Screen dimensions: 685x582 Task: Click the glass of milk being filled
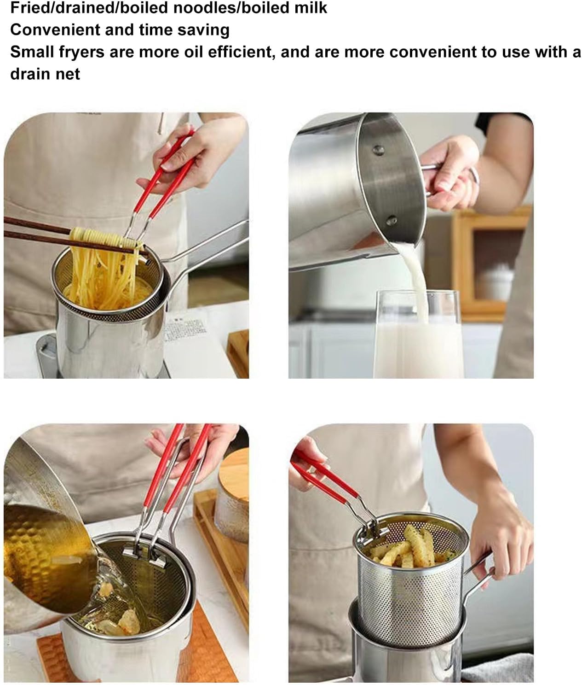(416, 341)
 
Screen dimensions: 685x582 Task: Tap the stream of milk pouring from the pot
(416, 272)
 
